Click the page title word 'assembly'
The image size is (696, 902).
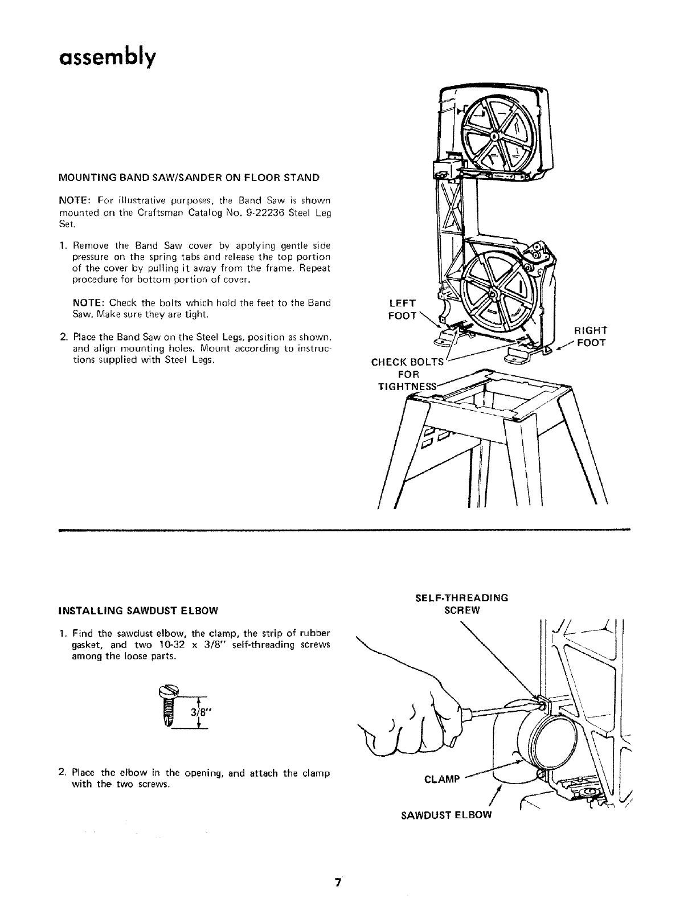[x=106, y=58]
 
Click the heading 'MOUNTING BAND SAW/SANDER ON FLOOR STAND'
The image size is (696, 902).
[x=189, y=178]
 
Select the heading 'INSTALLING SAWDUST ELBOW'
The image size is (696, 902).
[x=138, y=611]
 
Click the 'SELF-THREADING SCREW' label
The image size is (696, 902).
[x=461, y=604]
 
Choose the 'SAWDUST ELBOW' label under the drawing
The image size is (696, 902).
[x=445, y=814]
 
